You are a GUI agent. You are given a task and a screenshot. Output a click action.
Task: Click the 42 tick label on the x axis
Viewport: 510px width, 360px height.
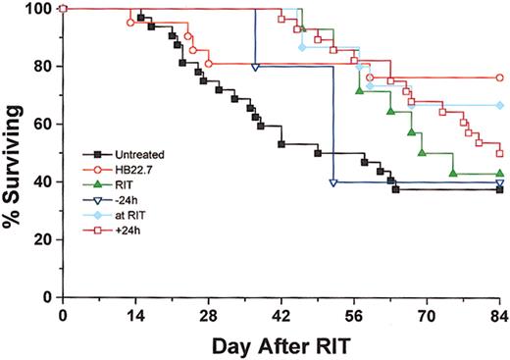pos(281,315)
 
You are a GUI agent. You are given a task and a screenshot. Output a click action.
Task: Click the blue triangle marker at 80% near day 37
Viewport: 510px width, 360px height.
pos(255,68)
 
